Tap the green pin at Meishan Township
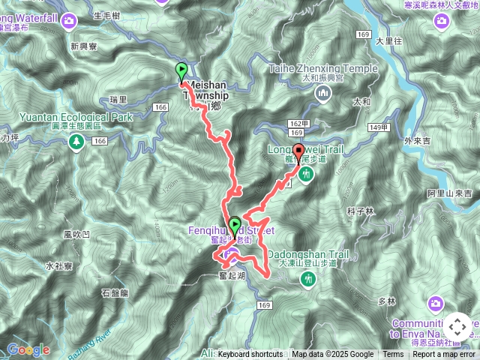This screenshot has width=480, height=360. (x=181, y=72)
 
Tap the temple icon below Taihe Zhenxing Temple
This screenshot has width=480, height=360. (x=323, y=93)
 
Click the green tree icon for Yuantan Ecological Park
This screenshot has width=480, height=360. (x=76, y=141)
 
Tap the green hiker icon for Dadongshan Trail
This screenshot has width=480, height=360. (x=306, y=279)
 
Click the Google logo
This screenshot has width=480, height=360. (x=28, y=349)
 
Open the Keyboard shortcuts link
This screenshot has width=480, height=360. (x=250, y=355)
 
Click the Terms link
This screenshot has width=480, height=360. (x=393, y=355)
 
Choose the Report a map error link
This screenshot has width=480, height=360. (x=444, y=355)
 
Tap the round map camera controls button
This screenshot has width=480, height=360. (x=457, y=327)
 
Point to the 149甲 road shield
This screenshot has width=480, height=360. (x=379, y=127)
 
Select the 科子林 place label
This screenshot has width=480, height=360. (x=360, y=211)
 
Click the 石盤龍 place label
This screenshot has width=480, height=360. (x=115, y=292)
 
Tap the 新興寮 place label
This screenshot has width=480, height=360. (x=85, y=46)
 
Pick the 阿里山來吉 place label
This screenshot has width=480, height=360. (x=450, y=193)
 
